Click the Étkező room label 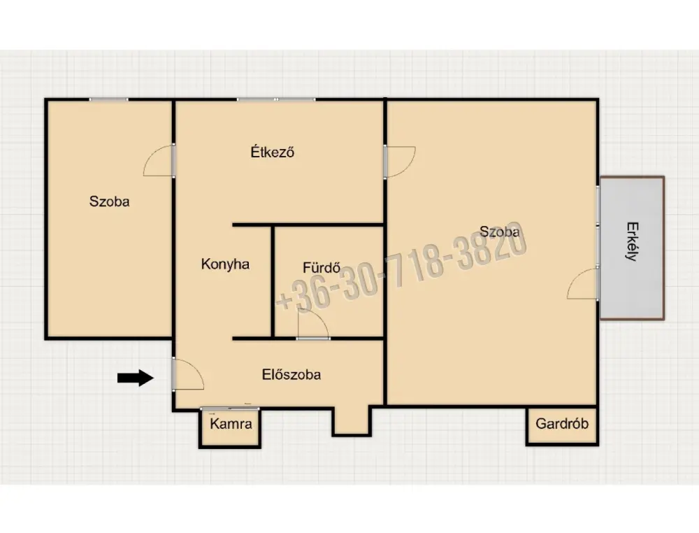click(x=273, y=152)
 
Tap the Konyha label click(x=225, y=264)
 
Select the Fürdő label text click(x=322, y=267)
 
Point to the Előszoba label click(x=291, y=374)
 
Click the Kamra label click(x=231, y=423)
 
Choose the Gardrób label click(x=562, y=423)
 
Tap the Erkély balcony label click(x=632, y=241)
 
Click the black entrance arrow click(x=136, y=378)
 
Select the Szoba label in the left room click(x=109, y=201)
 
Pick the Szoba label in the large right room click(x=499, y=232)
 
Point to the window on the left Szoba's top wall click(x=109, y=99)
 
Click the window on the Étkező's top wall click(x=276, y=99)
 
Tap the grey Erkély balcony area click(x=632, y=248)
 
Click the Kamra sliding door click(x=229, y=408)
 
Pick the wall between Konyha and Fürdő click(x=273, y=281)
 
